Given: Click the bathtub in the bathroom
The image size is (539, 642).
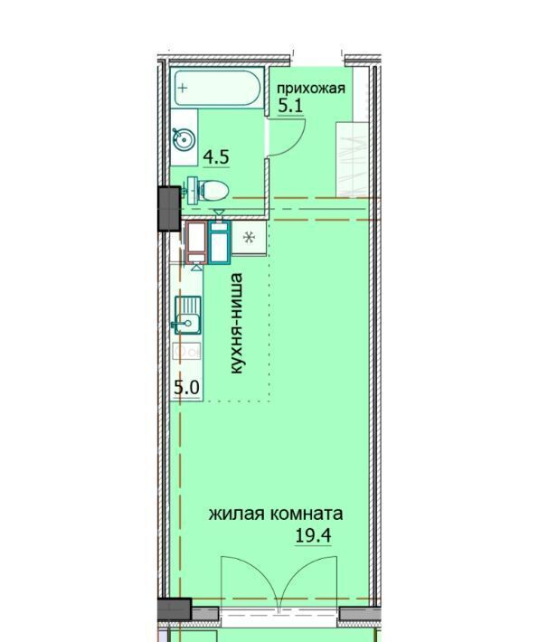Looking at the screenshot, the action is tap(217, 88).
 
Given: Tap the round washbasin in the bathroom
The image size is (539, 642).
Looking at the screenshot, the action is tap(184, 139).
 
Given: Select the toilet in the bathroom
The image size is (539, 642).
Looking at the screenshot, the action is tap(208, 191).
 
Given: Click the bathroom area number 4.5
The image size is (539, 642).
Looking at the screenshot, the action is tap(216, 157).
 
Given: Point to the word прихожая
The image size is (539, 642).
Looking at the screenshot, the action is tap(311, 89).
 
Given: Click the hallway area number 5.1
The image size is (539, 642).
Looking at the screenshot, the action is tap(290, 107).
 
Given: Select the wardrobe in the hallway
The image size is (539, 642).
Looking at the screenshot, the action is tap(352, 160).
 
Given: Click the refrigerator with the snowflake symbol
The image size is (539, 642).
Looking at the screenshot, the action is tap(249, 238).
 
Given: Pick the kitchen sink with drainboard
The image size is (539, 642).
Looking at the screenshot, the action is tap(187, 316).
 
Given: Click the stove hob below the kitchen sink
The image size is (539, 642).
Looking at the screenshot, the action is tap(187, 352).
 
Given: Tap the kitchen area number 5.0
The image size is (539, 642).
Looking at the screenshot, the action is tap(186, 387).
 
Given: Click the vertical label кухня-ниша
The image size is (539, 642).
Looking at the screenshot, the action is tap(236, 324).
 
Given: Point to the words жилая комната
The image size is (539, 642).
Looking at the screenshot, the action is tap(276, 514).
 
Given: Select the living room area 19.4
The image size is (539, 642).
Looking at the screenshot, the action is tap(313, 535).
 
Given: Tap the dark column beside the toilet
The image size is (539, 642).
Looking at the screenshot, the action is tap(169, 209).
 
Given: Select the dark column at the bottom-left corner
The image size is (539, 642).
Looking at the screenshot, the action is tap(175, 609).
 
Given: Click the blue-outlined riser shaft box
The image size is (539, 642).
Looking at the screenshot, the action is tap(220, 242).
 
